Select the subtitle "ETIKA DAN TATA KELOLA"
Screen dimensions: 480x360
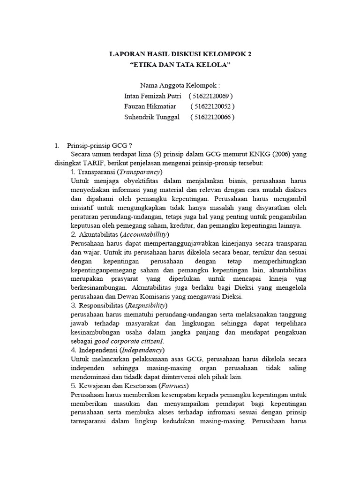coord(180,65)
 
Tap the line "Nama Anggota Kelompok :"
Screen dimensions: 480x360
coord(180,85)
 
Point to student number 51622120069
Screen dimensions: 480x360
coord(211,96)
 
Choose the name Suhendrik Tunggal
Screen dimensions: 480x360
coord(152,117)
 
